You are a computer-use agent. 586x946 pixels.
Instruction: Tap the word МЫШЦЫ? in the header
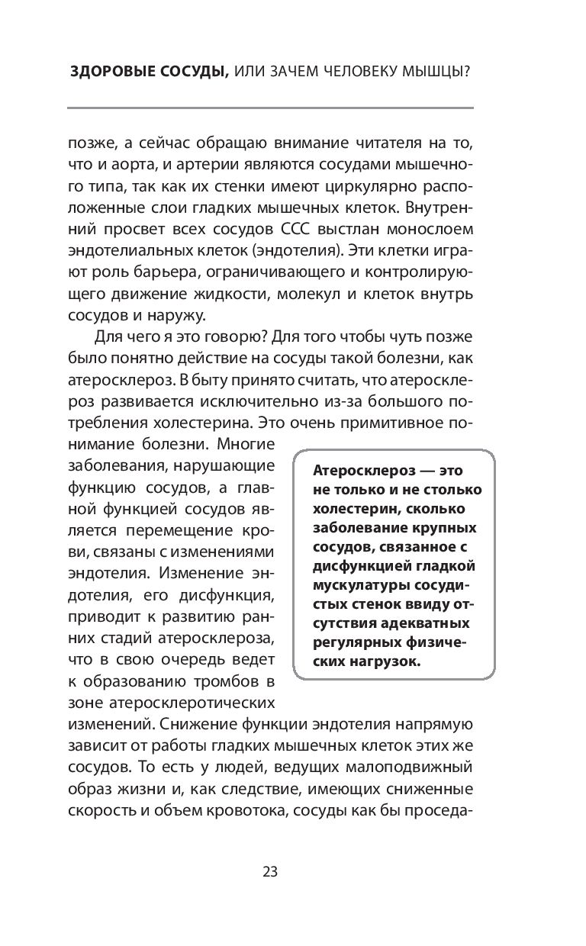tap(438, 72)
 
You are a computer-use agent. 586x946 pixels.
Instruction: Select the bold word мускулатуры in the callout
tap(353, 585)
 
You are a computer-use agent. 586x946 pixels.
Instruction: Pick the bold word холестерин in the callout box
tap(352, 509)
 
